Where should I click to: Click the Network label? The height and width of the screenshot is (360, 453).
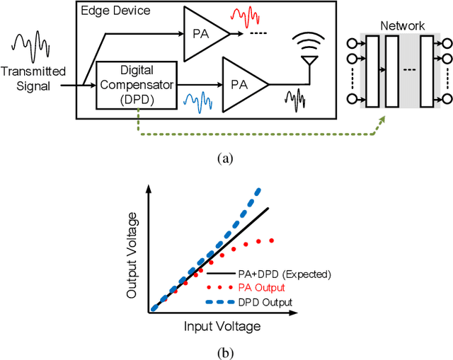402,26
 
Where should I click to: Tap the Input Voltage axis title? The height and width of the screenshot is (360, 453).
222,327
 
